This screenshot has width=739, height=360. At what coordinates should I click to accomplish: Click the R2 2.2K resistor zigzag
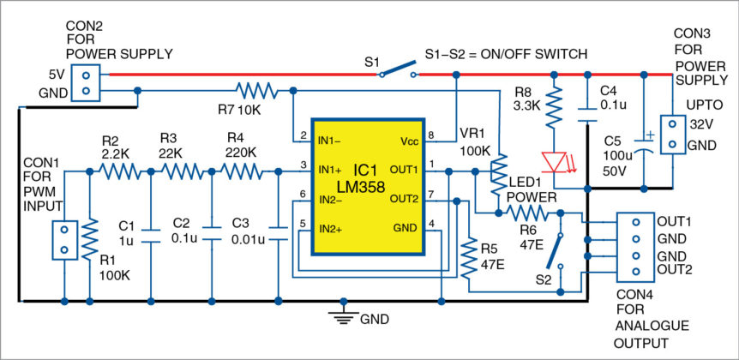[x=120, y=171]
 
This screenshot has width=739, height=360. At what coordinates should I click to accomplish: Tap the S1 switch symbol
[x=395, y=72]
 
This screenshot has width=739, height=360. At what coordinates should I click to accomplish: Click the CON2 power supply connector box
[x=84, y=81]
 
